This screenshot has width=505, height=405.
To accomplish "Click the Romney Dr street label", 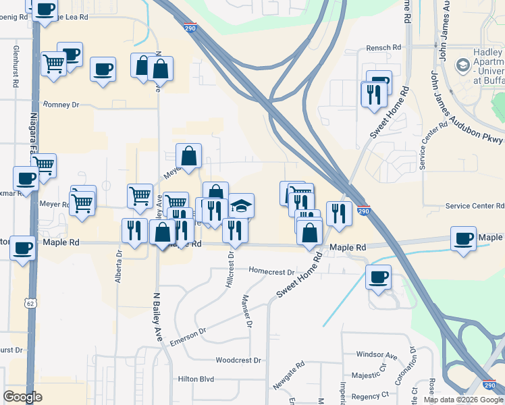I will [61, 105].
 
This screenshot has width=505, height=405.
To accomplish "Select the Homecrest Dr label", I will [271, 272].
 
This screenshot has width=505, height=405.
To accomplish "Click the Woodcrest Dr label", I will [238, 360].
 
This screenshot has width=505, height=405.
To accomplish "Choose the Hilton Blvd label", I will [196, 380].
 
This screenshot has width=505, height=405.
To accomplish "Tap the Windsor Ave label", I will [377, 354].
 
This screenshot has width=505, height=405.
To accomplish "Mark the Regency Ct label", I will [375, 394].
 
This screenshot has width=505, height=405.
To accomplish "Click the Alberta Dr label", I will [118, 267].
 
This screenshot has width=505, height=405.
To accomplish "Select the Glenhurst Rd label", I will [16, 67].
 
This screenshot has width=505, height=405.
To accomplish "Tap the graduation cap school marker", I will [240, 205].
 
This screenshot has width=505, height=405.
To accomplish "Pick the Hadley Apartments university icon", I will [463, 65].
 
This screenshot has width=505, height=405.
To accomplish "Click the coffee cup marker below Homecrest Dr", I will [378, 276].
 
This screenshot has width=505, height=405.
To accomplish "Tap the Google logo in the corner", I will [22, 396].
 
